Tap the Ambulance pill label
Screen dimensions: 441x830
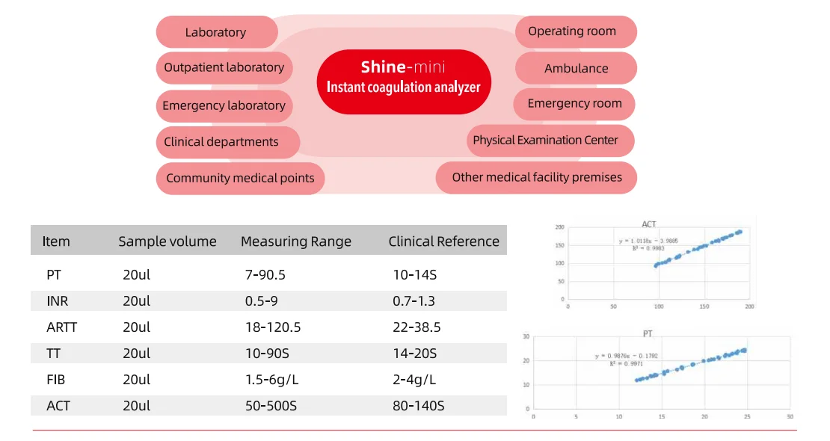(576, 68)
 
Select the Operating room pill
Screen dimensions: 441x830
(573, 31)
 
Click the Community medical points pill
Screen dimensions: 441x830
(241, 179)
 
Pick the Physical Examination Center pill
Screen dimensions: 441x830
(546, 141)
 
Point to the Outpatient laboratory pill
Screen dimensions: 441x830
(224, 67)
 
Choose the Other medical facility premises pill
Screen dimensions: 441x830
(537, 178)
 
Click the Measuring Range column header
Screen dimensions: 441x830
(296, 241)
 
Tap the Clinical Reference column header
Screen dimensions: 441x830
(443, 241)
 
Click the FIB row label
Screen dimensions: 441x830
(56, 380)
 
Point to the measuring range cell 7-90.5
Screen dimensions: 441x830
(265, 275)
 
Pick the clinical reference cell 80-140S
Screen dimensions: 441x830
(419, 406)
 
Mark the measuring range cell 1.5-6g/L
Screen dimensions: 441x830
(272, 380)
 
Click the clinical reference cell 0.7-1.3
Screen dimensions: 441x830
(414, 301)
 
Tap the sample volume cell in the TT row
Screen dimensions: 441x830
(137, 354)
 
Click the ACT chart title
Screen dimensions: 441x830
(649, 224)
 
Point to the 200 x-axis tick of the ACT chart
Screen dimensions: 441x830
(749, 306)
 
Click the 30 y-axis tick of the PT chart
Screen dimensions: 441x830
(526, 337)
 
